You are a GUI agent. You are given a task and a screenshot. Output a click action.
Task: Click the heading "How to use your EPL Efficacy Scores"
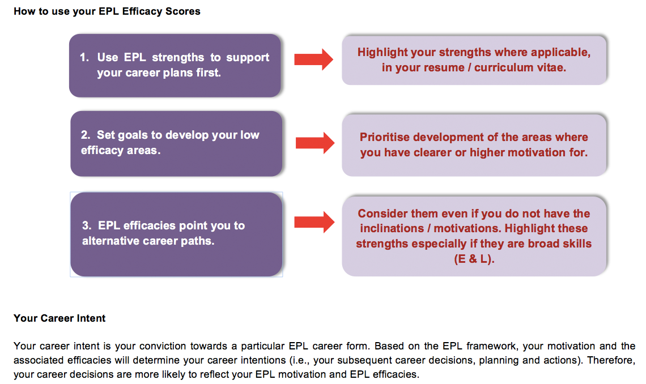(107, 11)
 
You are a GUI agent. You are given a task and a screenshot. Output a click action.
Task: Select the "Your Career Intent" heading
(59, 318)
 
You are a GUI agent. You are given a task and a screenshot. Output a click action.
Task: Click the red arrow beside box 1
(313, 59)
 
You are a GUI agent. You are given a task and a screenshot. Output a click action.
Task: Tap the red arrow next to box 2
(315, 143)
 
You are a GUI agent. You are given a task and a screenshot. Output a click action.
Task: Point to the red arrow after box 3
(314, 222)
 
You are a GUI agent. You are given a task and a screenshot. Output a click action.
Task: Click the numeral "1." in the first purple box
(84, 57)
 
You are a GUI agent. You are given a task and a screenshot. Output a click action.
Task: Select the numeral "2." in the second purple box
(85, 135)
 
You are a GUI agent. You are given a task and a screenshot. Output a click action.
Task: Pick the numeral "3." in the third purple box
(87, 225)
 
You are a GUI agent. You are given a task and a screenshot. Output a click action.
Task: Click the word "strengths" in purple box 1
(178, 58)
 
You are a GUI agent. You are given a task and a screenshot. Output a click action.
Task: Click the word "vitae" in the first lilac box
(552, 67)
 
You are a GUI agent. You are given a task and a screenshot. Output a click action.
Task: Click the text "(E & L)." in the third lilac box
(474, 259)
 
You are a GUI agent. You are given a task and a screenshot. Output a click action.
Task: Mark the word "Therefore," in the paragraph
(611, 361)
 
